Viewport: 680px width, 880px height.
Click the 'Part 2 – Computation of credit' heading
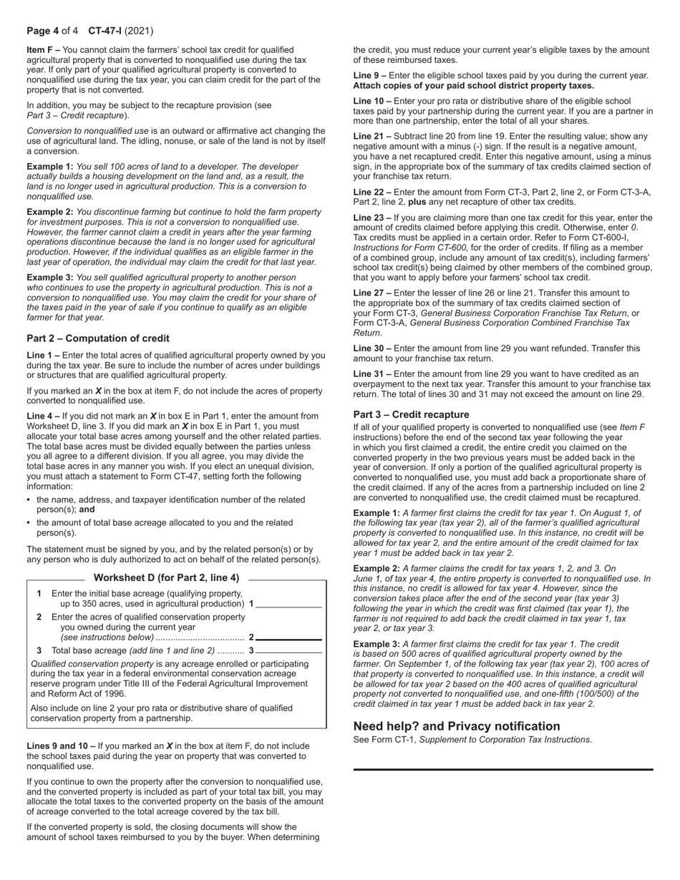pyautogui.click(x=98, y=338)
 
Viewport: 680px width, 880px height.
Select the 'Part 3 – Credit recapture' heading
pyautogui.click(x=411, y=414)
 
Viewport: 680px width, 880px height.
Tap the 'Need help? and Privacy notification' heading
pyautogui.click(x=457, y=725)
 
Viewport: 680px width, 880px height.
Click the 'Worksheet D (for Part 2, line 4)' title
pyautogui.click(x=166, y=577)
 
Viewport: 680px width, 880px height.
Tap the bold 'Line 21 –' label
pyautogui.click(x=372, y=136)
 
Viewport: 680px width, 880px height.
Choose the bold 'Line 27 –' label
pyautogui.click(x=372, y=293)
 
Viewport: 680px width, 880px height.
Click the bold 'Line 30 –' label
pyautogui.click(x=372, y=348)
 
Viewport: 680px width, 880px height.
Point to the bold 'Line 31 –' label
pyautogui.click(x=372, y=373)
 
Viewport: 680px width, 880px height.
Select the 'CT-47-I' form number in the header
pyautogui.click(x=105, y=31)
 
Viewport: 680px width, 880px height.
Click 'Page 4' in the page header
pyautogui.click(x=42, y=31)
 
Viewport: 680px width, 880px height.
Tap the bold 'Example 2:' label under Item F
pyautogui.click(x=50, y=212)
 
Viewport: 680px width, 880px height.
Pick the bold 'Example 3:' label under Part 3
pyautogui.click(x=377, y=644)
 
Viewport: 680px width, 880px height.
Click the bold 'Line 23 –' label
pyautogui.click(x=372, y=217)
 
